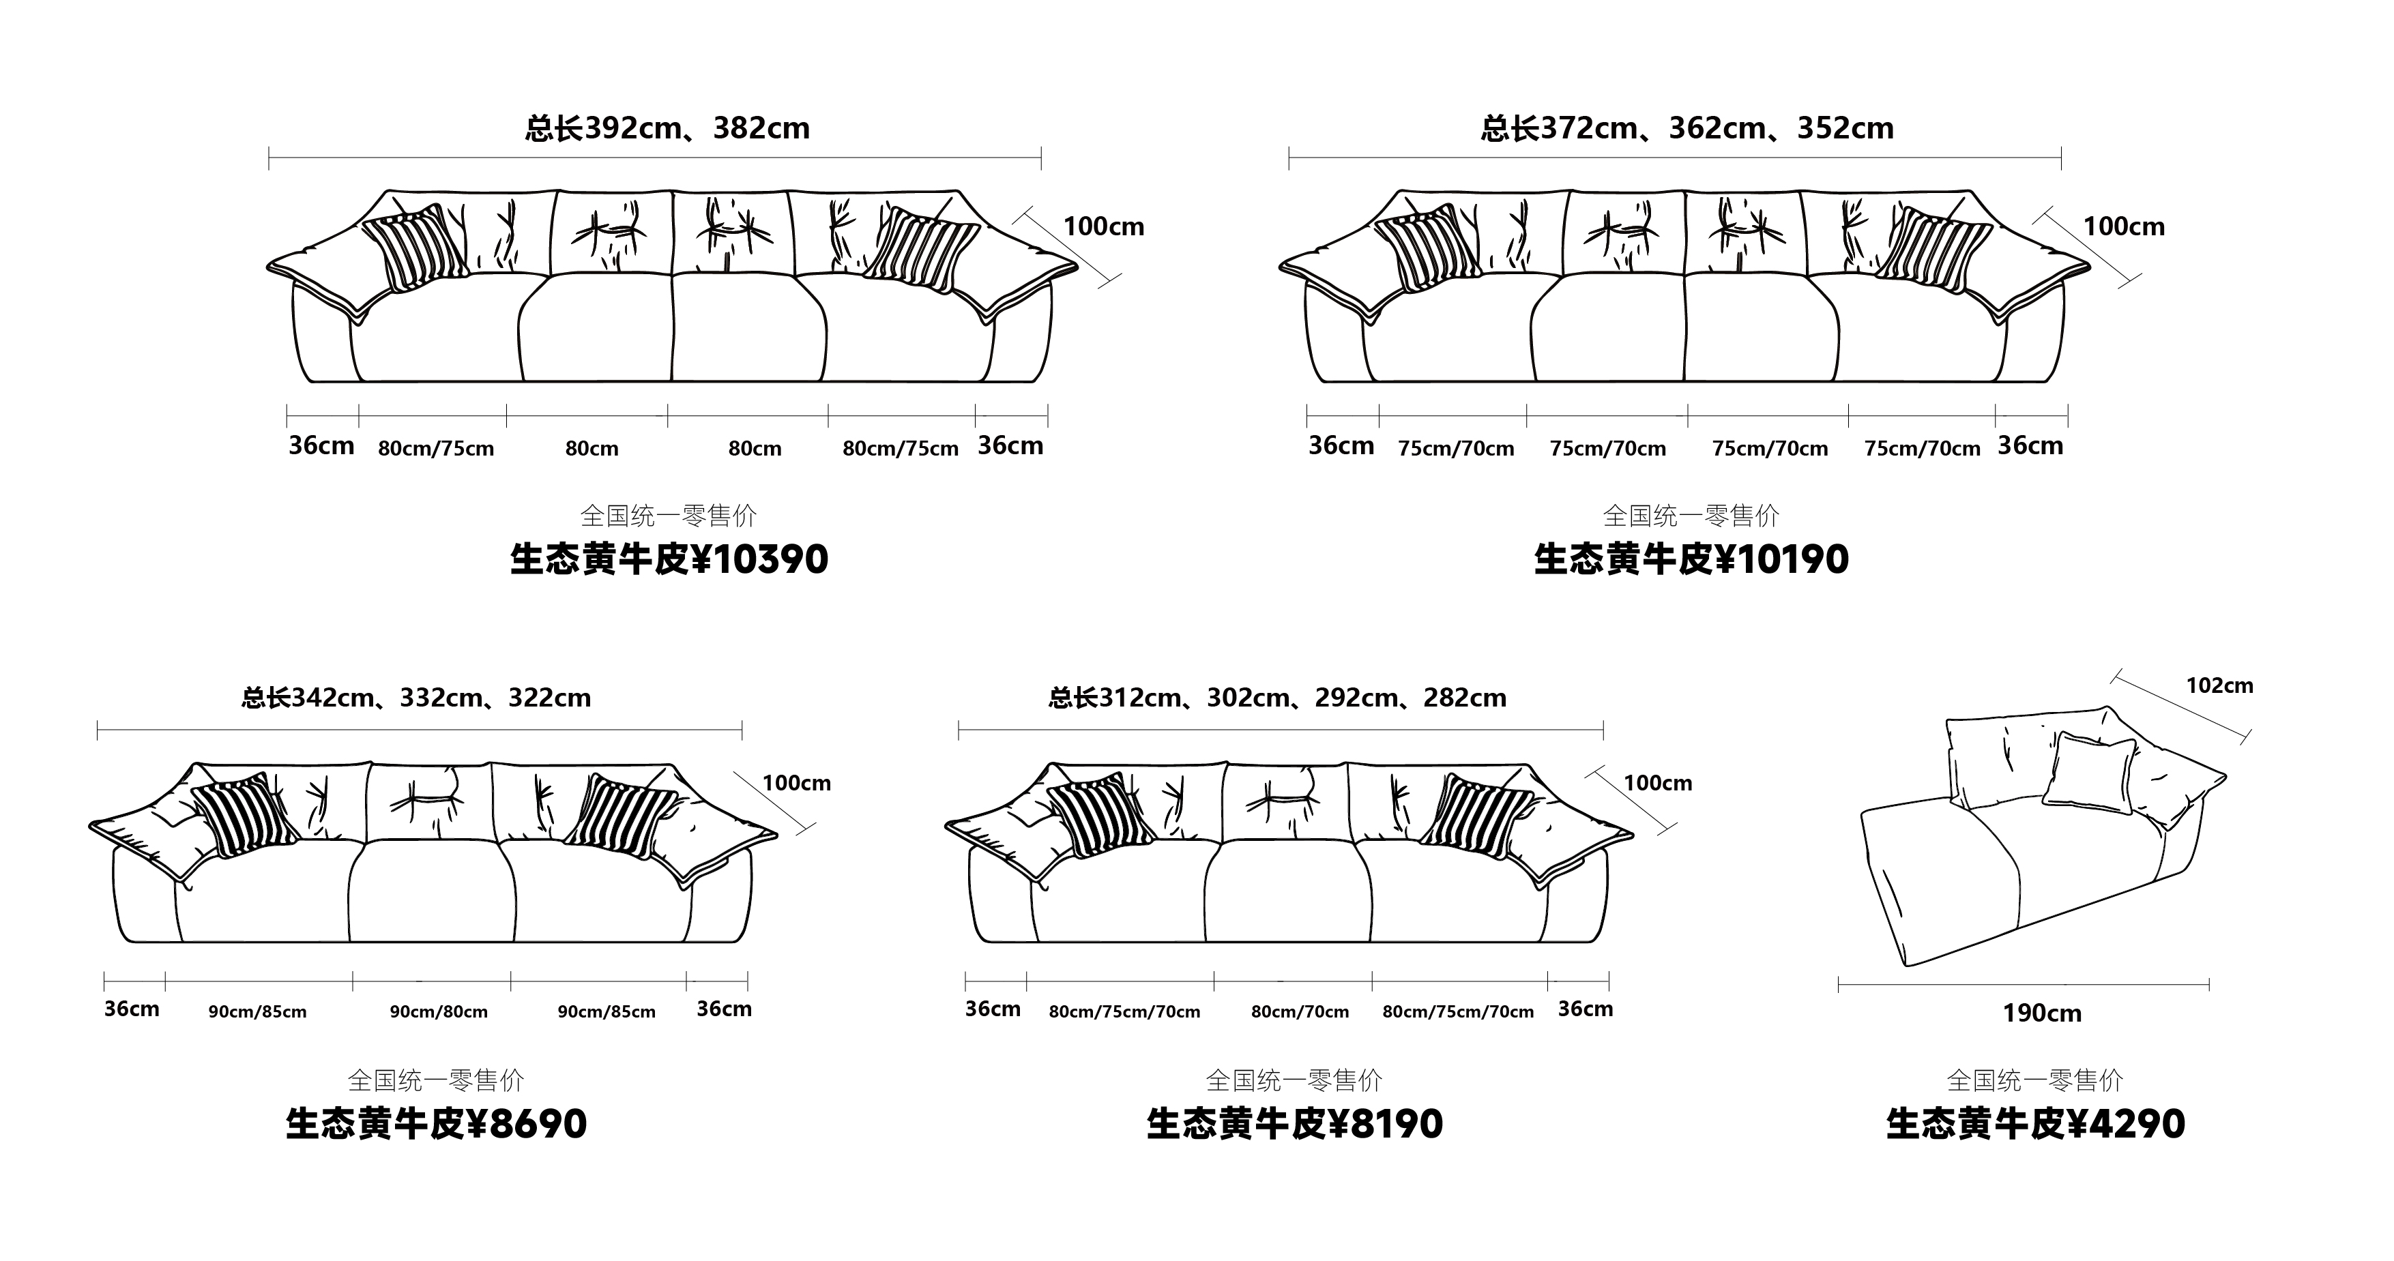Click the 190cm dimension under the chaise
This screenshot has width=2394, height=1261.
pyautogui.click(x=2042, y=1013)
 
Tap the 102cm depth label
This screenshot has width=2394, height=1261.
pyautogui.click(x=2219, y=686)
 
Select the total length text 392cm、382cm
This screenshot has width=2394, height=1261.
pyautogui.click(x=697, y=128)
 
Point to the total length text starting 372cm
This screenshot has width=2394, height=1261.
pyautogui.click(x=1717, y=128)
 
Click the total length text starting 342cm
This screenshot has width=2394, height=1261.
pyautogui.click(x=441, y=698)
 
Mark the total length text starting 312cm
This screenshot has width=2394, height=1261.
pyautogui.click(x=1302, y=698)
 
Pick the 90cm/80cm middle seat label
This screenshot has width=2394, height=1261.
pyautogui.click(x=439, y=1012)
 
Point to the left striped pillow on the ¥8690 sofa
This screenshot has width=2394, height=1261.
pyautogui.click(x=244, y=814)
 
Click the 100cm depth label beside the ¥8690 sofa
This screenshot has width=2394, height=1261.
pyautogui.click(x=796, y=784)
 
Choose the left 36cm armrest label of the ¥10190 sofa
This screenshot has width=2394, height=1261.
pyautogui.click(x=1341, y=446)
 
